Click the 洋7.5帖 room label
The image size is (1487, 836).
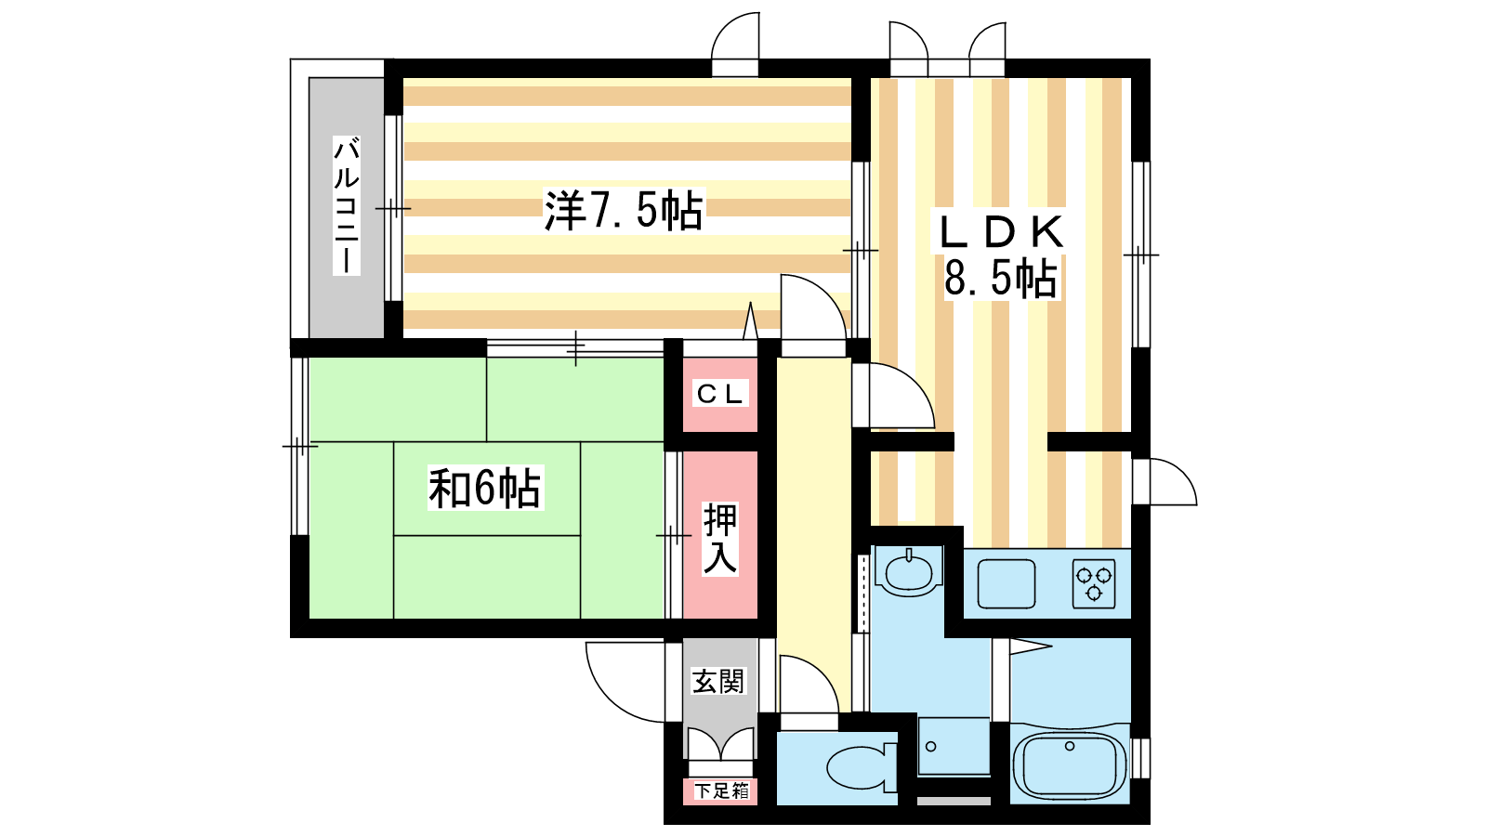pyautogui.click(x=624, y=210)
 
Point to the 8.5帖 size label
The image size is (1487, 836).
pyautogui.click(x=1000, y=278)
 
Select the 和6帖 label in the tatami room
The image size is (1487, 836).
pyautogui.click(x=484, y=488)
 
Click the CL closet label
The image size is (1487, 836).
pyautogui.click(x=720, y=394)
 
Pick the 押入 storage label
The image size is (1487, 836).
pyautogui.click(x=720, y=538)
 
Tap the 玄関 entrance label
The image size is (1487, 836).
pyautogui.click(x=719, y=681)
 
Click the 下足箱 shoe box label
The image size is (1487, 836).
pyautogui.click(x=721, y=790)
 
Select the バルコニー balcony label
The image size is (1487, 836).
pyautogui.click(x=346, y=205)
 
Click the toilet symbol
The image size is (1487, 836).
pyautogui.click(x=860, y=768)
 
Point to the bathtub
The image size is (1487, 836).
pyautogui.click(x=1070, y=764)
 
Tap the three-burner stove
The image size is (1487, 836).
pyautogui.click(x=1094, y=583)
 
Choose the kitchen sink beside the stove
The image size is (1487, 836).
pyautogui.click(x=1006, y=583)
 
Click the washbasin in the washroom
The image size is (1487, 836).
pyautogui.click(x=908, y=570)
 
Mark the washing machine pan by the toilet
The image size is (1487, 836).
pyautogui.click(x=954, y=745)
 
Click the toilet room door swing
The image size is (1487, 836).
pyautogui.click(x=806, y=687)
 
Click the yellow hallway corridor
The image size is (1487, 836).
pyautogui.click(x=813, y=520)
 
